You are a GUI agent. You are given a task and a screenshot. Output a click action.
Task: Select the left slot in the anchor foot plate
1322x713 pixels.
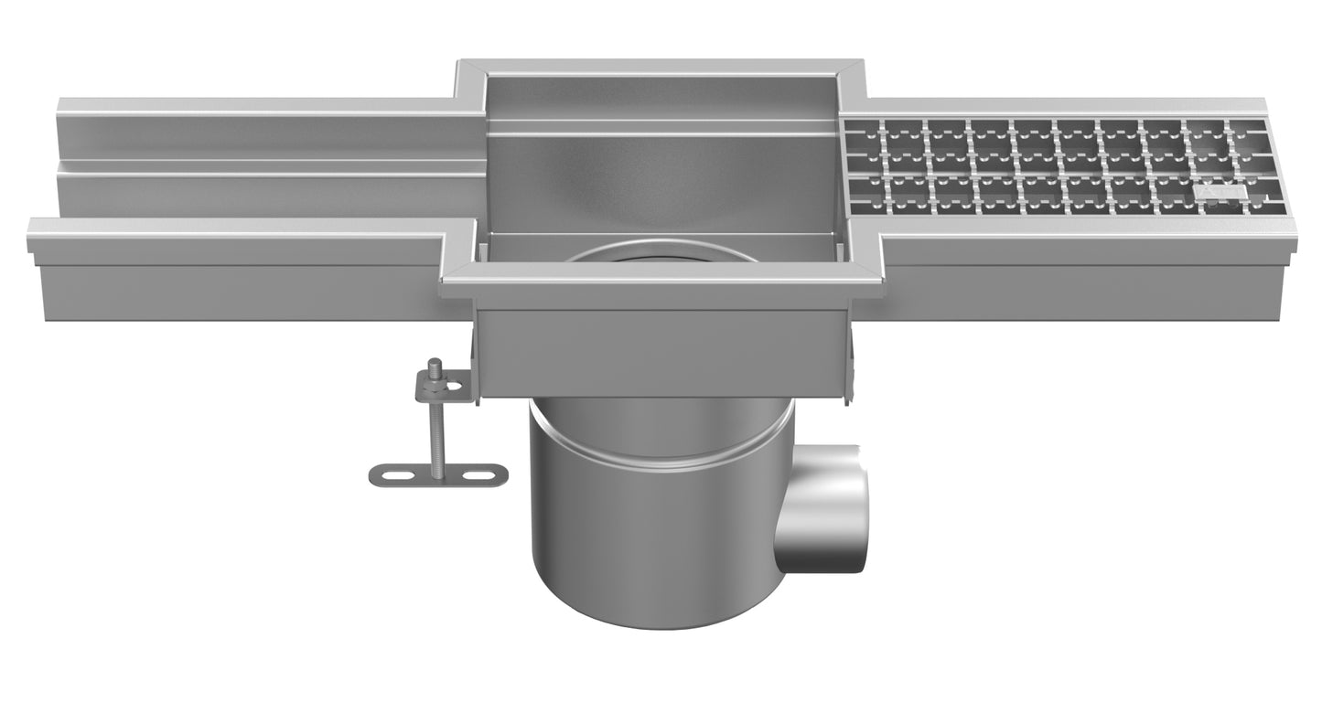pyautogui.click(x=396, y=475)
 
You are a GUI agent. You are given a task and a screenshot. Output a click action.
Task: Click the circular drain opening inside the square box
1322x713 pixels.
pyautogui.click(x=661, y=254)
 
